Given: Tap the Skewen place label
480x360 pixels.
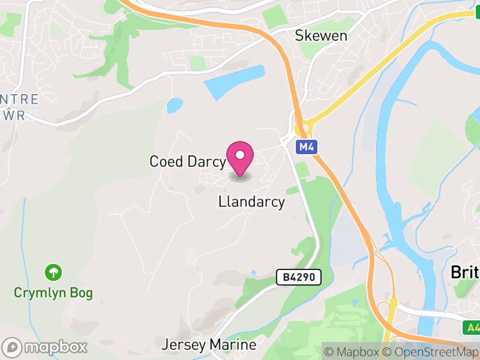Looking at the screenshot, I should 321,35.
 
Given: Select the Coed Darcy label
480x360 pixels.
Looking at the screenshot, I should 187,161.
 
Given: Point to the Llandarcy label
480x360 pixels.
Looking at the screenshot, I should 251,202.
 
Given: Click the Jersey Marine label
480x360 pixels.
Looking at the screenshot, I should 209,345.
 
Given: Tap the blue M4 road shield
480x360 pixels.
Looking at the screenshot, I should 307,146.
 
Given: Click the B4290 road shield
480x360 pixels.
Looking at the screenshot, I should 299,277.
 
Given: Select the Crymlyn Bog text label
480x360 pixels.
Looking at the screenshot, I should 53,293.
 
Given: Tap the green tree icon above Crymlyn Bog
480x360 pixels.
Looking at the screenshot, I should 54,272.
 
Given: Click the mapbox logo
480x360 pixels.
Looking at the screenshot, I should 45,347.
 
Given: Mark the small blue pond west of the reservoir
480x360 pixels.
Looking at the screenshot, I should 175,106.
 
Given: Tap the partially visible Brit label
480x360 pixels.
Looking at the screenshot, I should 465,272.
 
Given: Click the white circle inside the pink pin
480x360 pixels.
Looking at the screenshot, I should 241,155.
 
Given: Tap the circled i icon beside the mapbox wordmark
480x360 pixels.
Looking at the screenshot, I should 12,347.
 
